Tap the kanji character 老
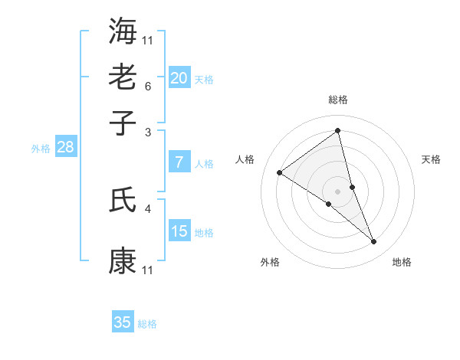pyautogui.click(x=123, y=77)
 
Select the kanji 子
pyautogui.click(x=123, y=123)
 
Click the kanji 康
pyautogui.click(x=123, y=260)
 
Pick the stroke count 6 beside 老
pyautogui.click(x=147, y=87)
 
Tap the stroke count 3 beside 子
pyautogui.click(x=147, y=133)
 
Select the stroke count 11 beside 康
pyautogui.click(x=147, y=270)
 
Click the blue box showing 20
pyautogui.click(x=179, y=78)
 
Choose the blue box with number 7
pyautogui.click(x=179, y=162)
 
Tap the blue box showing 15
pyautogui.click(x=179, y=231)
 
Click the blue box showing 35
pyautogui.click(x=123, y=322)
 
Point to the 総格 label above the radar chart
pyautogui.click(x=338, y=100)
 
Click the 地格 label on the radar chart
pyautogui.click(x=402, y=263)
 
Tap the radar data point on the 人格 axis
pyautogui.click(x=280, y=172)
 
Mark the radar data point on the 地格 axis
pyautogui.click(x=374, y=242)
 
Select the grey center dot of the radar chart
pyautogui.click(x=338, y=191)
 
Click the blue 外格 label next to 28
pyautogui.click(x=40, y=149)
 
